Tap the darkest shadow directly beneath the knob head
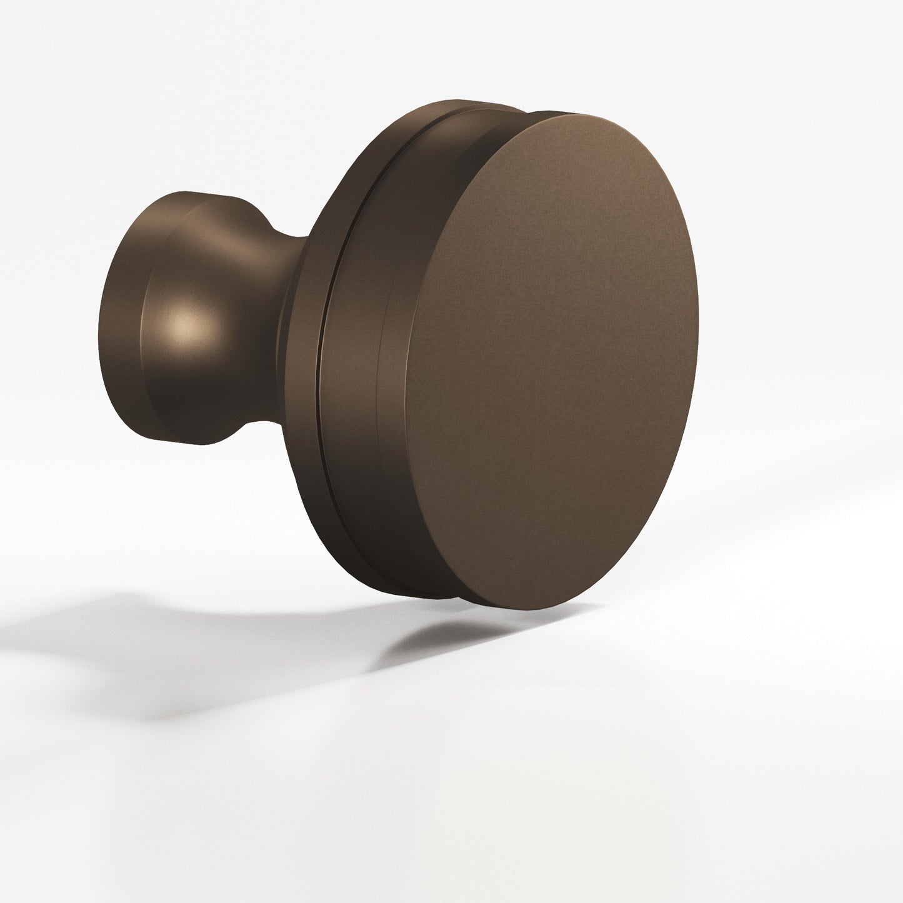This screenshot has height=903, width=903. pos(437,631)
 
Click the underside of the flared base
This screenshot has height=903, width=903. pos(187,431)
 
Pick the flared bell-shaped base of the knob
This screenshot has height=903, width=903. pos(187,319)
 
